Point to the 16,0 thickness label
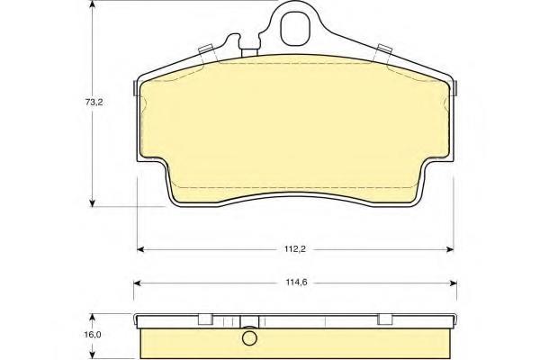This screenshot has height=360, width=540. coord(80,333)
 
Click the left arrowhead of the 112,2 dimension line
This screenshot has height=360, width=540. coord(139,248)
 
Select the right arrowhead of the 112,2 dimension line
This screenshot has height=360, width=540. coord(451,248)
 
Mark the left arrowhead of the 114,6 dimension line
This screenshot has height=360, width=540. coord(137,282)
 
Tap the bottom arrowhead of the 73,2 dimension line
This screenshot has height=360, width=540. coord(92,202)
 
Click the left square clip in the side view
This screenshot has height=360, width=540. coord(204,317)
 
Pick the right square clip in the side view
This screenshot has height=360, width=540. coord(384,317)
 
